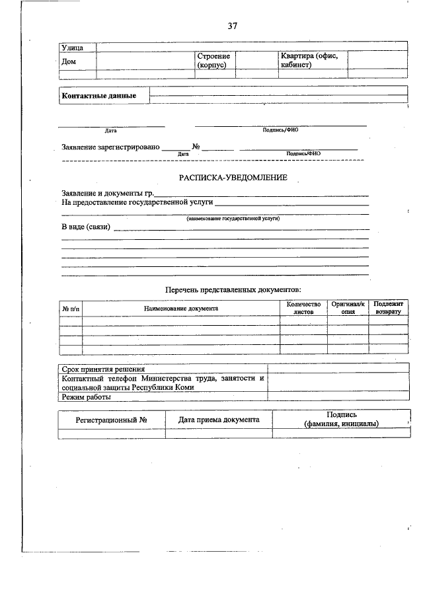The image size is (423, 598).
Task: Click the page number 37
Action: click(232, 26)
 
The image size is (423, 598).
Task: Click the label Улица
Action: click(72, 48)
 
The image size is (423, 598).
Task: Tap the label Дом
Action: click(69, 61)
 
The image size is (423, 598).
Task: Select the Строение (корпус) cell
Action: click(213, 61)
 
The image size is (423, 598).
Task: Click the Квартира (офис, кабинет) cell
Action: click(309, 61)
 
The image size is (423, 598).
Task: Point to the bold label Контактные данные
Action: click(99, 96)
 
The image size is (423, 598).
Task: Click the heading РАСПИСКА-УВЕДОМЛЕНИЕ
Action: click(233, 178)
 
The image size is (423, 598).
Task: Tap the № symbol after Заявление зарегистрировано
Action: click(196, 147)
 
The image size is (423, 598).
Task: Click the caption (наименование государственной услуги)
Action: click(233, 217)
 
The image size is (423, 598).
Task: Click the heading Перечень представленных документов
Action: click(233, 289)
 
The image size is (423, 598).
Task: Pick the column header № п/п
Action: click(70, 308)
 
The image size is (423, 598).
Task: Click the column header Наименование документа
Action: click(181, 308)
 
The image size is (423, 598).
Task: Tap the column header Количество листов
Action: click(303, 307)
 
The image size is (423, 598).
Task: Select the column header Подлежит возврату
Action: click(387, 307)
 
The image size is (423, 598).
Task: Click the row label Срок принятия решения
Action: click(103, 369)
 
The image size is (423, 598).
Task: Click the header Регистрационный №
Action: click(111, 420)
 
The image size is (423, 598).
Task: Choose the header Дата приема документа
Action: click(219, 420)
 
